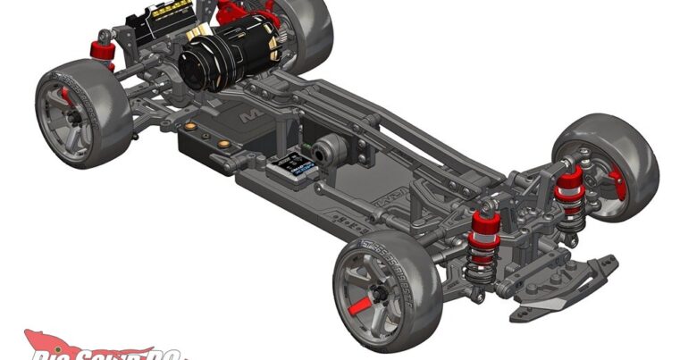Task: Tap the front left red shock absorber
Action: coord(483,231)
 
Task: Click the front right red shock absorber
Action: coord(568,189)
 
